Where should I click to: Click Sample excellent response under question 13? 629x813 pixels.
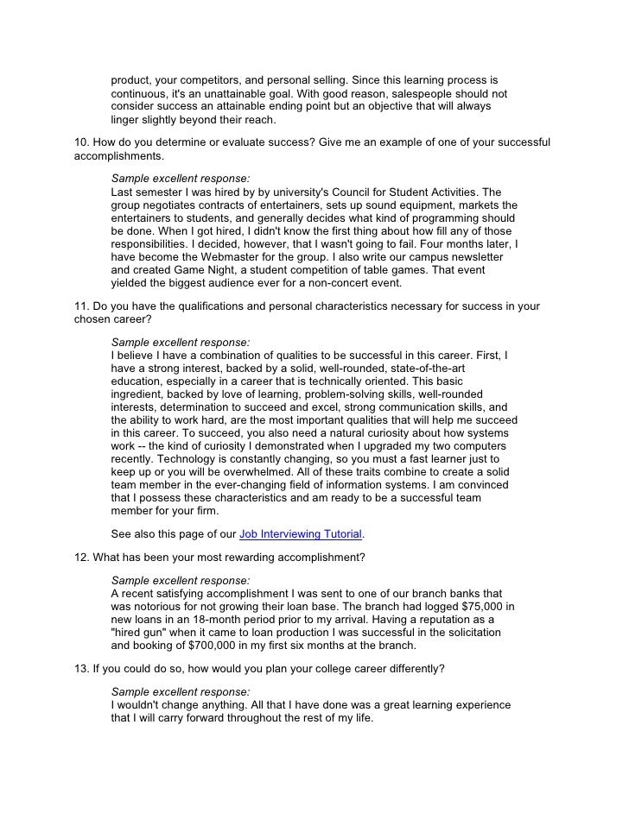(181, 692)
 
